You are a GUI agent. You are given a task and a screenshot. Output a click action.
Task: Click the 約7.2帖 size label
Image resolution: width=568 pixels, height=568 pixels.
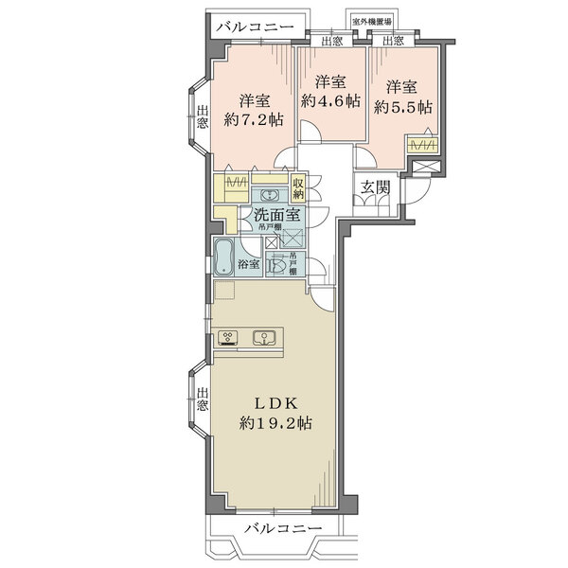pyautogui.click(x=253, y=119)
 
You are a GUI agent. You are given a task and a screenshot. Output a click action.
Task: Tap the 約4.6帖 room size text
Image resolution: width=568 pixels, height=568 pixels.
pyautogui.click(x=330, y=99)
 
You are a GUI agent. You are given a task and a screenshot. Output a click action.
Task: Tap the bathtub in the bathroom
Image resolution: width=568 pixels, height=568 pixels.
pyautogui.click(x=225, y=257)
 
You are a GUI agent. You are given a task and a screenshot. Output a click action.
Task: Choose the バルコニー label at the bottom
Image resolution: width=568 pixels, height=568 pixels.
pyautogui.click(x=282, y=526)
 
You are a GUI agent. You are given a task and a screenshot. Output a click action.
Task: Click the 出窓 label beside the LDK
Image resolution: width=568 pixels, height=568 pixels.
pyautogui.click(x=203, y=404)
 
